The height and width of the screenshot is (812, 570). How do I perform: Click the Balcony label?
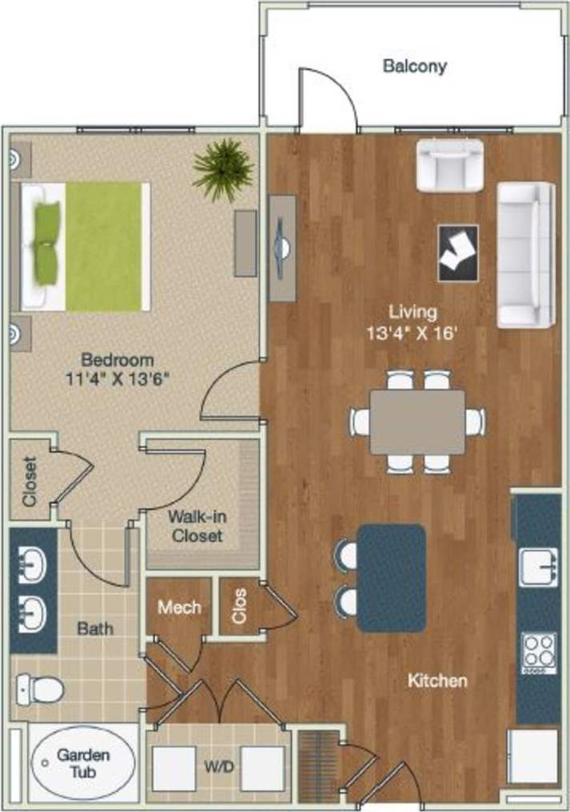point(414,66)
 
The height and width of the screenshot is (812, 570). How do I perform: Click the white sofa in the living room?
point(526,255)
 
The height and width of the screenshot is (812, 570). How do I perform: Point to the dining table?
point(417,422)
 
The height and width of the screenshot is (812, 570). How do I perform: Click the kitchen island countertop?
point(391,577)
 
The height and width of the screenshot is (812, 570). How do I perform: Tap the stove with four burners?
point(539,651)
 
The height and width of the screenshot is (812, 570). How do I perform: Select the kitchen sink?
point(539,568)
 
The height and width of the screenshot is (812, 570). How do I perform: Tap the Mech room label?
point(178,608)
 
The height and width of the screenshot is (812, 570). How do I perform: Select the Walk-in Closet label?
point(195,526)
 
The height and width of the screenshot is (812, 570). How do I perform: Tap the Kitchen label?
point(437,681)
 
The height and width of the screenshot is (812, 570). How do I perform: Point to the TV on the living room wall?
point(281,248)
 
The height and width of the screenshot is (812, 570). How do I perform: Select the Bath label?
point(94,628)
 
